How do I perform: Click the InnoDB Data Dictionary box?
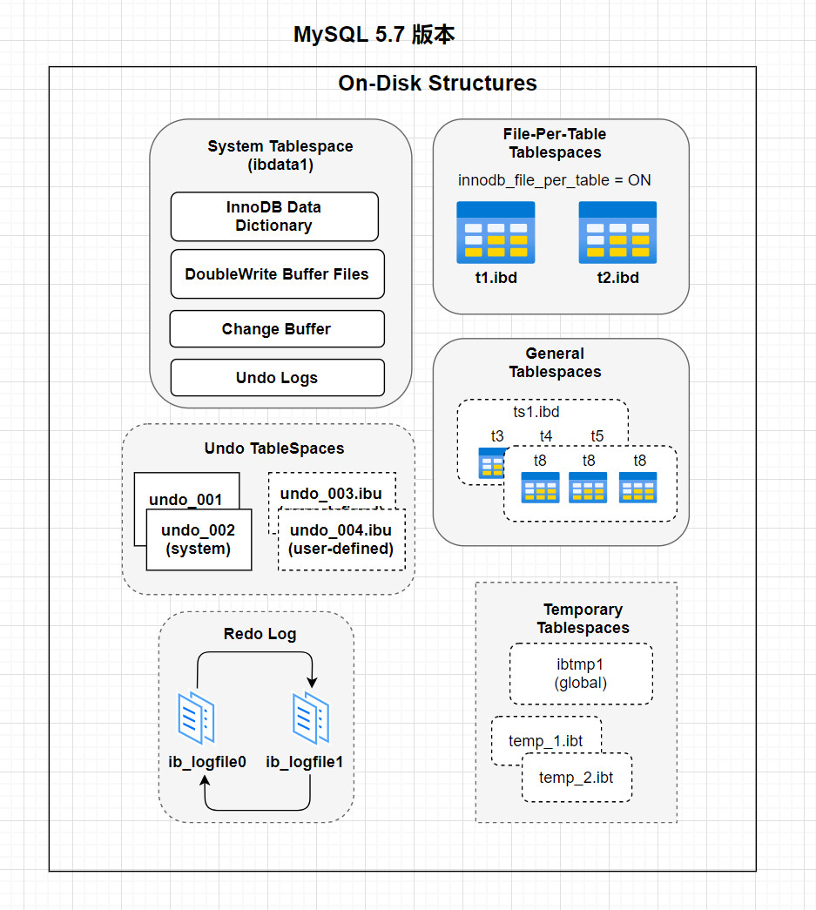(x=274, y=216)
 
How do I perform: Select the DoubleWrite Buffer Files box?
(x=277, y=273)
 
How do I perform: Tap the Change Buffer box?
(x=276, y=329)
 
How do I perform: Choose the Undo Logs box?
(x=277, y=378)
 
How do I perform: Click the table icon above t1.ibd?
(x=496, y=233)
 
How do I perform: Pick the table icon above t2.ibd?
(x=617, y=233)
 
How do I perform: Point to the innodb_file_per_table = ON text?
(x=555, y=180)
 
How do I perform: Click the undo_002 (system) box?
(x=198, y=540)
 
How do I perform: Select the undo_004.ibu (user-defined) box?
(x=341, y=540)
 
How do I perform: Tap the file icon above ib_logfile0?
(x=196, y=718)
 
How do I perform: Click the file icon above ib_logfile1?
(x=310, y=718)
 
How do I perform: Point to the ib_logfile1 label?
(x=305, y=762)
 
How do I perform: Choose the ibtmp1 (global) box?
(x=581, y=674)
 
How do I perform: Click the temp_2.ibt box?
(x=577, y=778)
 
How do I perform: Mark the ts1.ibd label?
(x=536, y=411)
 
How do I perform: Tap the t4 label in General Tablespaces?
(x=546, y=435)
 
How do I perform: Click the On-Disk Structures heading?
(x=437, y=84)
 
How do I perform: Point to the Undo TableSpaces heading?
(x=274, y=448)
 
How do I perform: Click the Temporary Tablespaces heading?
(x=583, y=618)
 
